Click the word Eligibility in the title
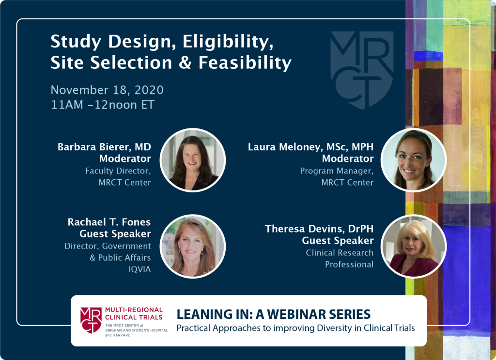[x=228, y=42]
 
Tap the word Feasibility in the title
[x=245, y=63]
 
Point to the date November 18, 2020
[x=107, y=90]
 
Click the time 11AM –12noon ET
[x=103, y=105]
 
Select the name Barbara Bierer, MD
[x=104, y=147]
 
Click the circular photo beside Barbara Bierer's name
[x=193, y=160]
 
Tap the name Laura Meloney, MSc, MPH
[x=310, y=147]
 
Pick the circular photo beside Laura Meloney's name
[x=414, y=160]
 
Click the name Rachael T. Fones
[x=109, y=222]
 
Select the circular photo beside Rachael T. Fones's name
[x=193, y=247]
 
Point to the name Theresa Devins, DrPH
[x=319, y=229]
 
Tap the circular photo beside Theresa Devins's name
[x=414, y=247]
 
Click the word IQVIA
[x=139, y=269]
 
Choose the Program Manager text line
[x=337, y=171]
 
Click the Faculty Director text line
[x=118, y=171]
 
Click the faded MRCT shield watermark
[x=362, y=70]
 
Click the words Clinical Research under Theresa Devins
[x=340, y=253]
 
